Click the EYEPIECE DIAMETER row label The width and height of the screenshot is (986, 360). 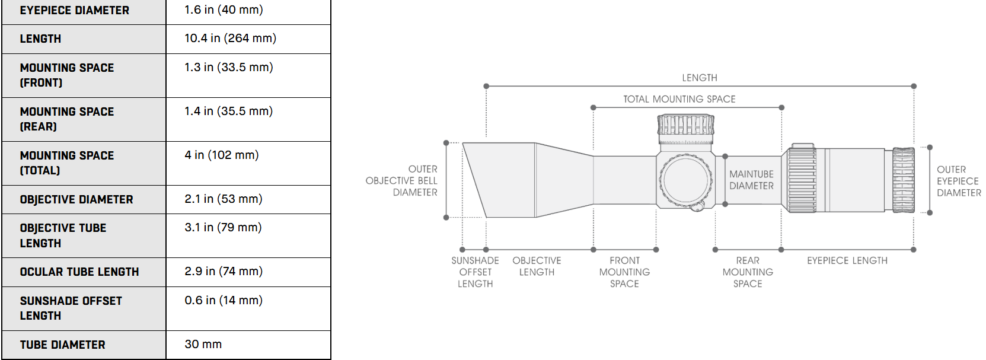[74, 10]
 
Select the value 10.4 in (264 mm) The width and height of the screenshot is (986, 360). [230, 39]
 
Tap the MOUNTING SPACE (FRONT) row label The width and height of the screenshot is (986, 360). [67, 75]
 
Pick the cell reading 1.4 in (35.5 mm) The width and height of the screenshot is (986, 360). [228, 111]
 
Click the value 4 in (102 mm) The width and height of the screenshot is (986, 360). [221, 155]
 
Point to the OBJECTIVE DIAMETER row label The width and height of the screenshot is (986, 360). [76, 199]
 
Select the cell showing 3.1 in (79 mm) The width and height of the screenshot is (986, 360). [223, 228]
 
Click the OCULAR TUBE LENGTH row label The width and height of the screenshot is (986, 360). [79, 272]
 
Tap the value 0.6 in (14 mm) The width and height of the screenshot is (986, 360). [223, 300]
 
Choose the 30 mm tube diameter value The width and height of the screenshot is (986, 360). [203, 344]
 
